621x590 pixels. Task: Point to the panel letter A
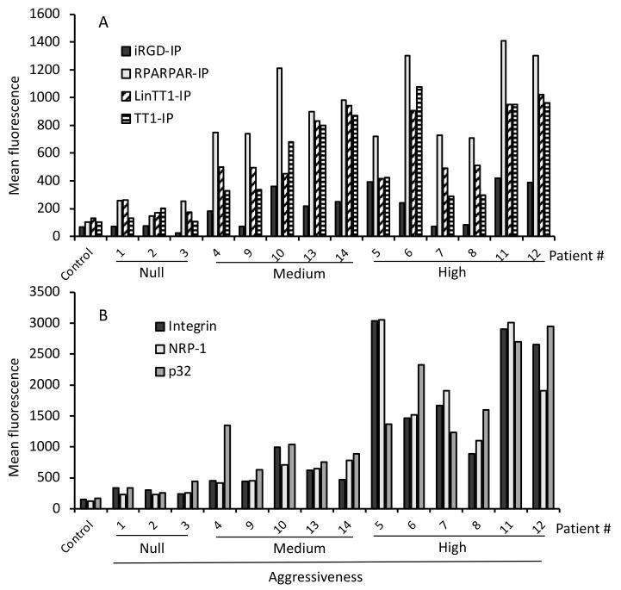pyautogui.click(x=102, y=23)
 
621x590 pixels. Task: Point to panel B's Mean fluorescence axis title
pyautogui.click(x=15, y=400)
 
